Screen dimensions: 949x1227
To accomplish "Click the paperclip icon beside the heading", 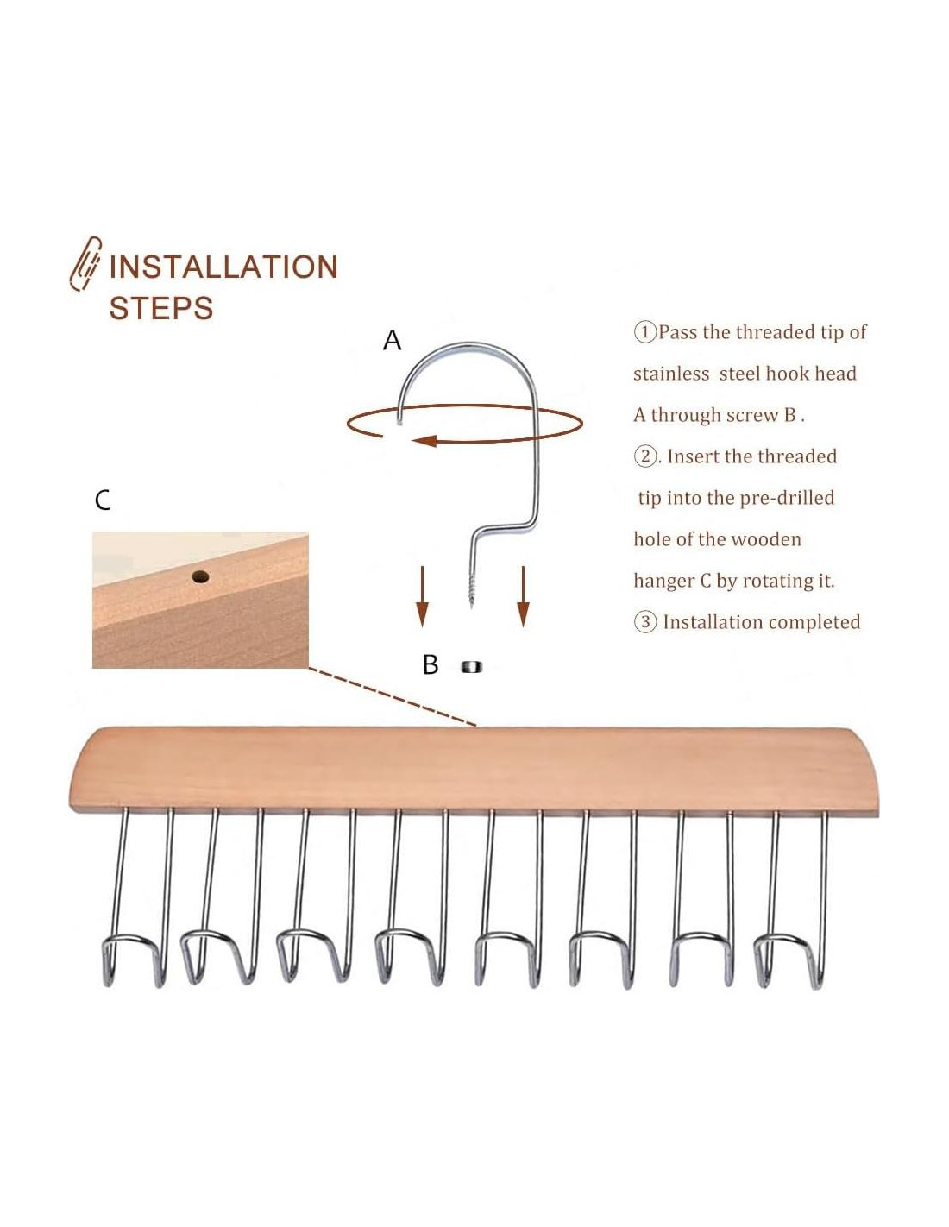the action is click(85, 264).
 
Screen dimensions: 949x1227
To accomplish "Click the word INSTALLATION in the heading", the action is click(223, 267).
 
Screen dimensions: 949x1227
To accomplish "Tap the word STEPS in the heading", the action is click(160, 308).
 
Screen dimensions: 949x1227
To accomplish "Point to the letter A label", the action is click(392, 341).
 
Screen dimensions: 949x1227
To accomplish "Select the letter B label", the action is click(431, 664).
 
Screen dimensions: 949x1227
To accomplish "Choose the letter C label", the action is click(102, 500).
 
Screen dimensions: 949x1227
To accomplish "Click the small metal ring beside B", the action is click(472, 667).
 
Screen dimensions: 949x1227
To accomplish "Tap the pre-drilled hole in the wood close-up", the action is click(200, 577).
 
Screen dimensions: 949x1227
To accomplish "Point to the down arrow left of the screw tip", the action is click(422, 596).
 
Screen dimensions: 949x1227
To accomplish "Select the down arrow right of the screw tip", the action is click(524, 596).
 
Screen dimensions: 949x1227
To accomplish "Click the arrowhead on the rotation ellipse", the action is click(424, 440).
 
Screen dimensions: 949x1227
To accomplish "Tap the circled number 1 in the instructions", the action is click(644, 332).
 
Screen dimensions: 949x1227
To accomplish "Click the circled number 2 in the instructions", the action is click(644, 456).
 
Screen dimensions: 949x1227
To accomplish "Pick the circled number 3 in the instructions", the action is click(644, 622).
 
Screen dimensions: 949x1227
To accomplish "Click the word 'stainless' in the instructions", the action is click(670, 374).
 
